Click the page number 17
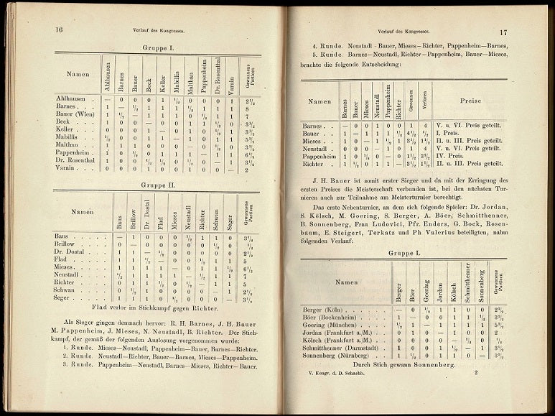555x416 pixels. click(503, 32)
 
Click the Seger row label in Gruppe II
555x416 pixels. click(62, 299)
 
